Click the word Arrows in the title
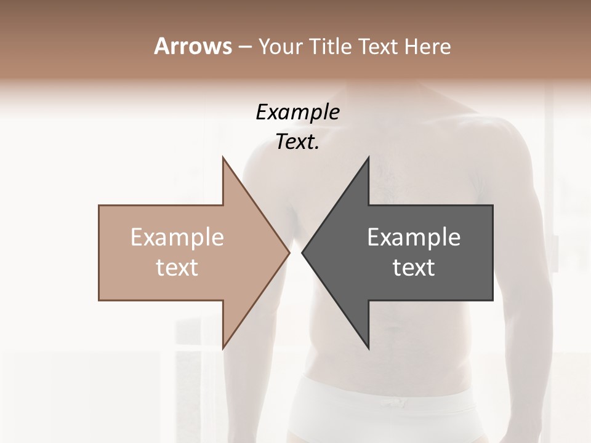193,46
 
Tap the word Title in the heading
331,46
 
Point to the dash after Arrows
244,47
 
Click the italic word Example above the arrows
297,113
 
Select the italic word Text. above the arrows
297,142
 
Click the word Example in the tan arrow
177,237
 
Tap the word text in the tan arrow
177,268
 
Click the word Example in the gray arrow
414,237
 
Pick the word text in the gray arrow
414,268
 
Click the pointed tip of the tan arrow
289,252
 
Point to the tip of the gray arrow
302,252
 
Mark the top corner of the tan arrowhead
223,158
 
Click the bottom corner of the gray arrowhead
369,349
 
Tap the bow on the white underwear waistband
390,404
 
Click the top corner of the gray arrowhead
369,158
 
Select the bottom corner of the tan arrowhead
223,349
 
